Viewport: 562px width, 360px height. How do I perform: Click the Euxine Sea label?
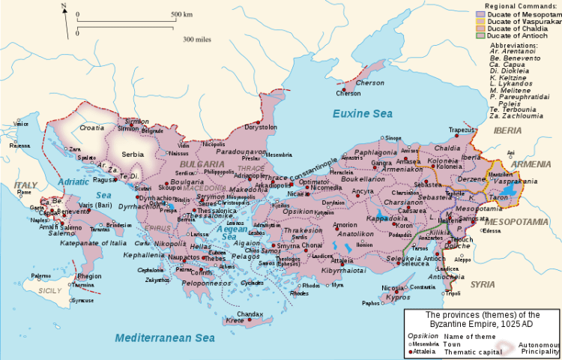362,114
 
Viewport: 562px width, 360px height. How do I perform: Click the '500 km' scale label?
182,15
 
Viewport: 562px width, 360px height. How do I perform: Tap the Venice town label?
22,124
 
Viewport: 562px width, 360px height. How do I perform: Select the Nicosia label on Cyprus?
393,287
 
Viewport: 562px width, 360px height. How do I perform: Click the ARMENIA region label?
531,163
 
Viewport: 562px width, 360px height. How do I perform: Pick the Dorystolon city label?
261,127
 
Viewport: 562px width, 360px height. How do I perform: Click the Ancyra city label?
363,191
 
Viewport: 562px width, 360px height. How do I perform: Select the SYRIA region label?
482,283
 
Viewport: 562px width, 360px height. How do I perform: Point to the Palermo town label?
42,276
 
